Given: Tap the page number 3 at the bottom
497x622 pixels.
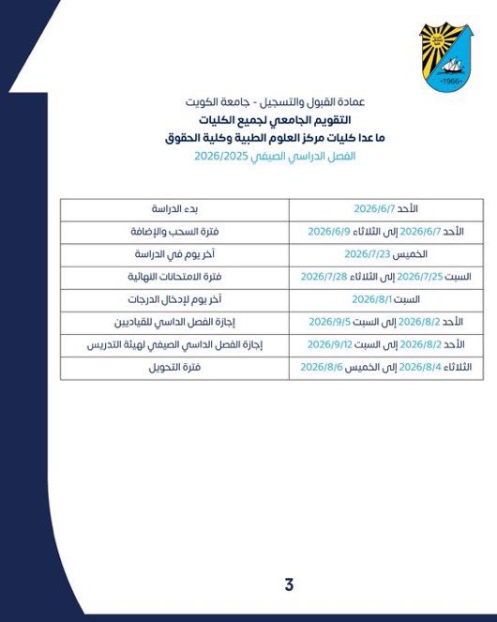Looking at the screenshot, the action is [x=289, y=585].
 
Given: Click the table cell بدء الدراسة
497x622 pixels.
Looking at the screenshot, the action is [x=174, y=208].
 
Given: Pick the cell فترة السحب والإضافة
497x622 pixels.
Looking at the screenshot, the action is [x=174, y=231].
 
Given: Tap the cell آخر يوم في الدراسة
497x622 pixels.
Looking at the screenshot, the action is [x=174, y=253].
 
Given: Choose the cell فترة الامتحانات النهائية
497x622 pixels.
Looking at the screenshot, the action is [x=174, y=277].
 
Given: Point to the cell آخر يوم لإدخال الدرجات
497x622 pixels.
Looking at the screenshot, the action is [x=174, y=299].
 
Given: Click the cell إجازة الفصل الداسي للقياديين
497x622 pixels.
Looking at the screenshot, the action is [x=174, y=322].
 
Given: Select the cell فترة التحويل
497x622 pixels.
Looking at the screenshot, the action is [x=174, y=368].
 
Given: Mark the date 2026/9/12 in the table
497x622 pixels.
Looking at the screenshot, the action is [x=328, y=345].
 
